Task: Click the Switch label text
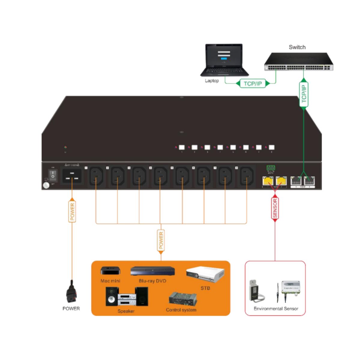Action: click(297, 47)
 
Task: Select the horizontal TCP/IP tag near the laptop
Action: click(253, 83)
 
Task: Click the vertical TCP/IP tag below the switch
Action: click(304, 94)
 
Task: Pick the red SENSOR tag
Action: click(275, 208)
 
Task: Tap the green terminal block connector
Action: click(271, 168)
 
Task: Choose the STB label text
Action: click(205, 288)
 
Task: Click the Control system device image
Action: click(183, 299)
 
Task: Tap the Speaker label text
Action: click(126, 311)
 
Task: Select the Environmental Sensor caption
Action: click(276, 308)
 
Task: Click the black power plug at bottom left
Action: click(71, 292)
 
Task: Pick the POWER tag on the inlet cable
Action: click(72, 212)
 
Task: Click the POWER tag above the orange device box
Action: click(161, 240)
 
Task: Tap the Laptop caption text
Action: click(212, 81)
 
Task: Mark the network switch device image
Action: click(299, 62)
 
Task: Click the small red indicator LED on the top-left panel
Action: click(66, 148)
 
